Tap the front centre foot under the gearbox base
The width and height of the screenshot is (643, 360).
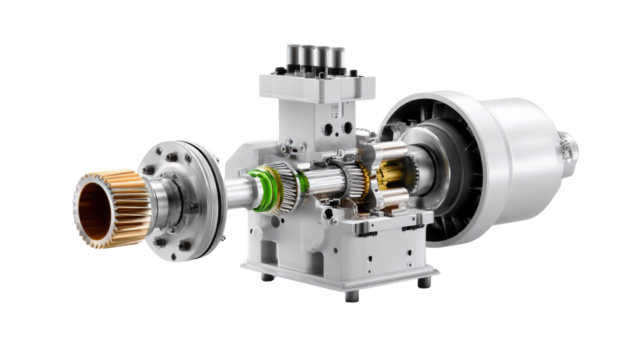[x=351, y=295]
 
